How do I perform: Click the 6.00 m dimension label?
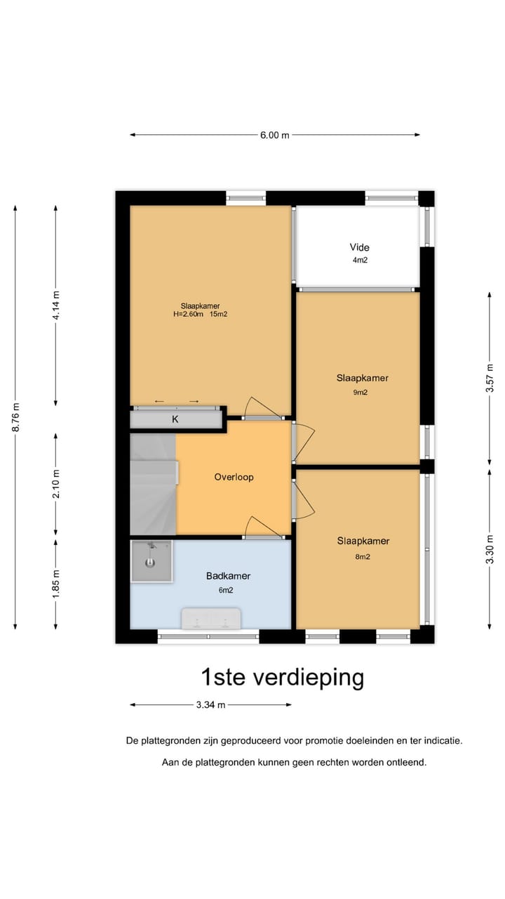[x=274, y=135]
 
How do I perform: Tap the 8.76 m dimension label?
[x=15, y=418]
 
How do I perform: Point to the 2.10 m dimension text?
[x=56, y=483]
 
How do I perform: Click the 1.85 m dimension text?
[x=56, y=582]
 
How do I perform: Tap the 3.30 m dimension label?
[x=490, y=549]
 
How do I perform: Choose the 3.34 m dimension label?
[x=210, y=704]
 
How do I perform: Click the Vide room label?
[x=359, y=247]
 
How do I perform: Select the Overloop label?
[x=234, y=477]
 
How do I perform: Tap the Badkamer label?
[x=228, y=576]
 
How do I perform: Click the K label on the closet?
[x=175, y=419]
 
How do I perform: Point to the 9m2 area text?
[x=361, y=393]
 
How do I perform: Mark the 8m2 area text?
[x=362, y=556]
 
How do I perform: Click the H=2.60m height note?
[x=189, y=315]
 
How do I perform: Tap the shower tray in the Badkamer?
[x=151, y=560]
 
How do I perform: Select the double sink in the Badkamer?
[x=212, y=619]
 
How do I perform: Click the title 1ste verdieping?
[x=282, y=678]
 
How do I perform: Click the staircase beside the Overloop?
[x=152, y=485]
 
